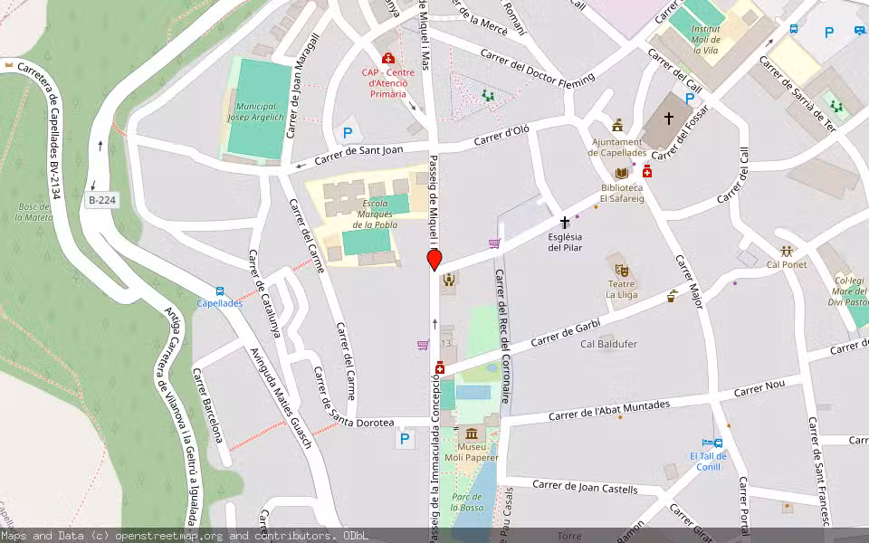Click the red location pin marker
click(434, 261)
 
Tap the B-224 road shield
click(101, 200)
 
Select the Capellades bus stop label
click(219, 303)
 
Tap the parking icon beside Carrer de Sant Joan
click(347, 133)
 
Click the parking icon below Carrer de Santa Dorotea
click(404, 440)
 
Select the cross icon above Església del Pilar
click(565, 222)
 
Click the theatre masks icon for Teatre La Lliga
click(621, 270)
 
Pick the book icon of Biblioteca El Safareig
click(621, 173)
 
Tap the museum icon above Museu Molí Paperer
click(470, 433)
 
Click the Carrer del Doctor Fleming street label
click(538, 69)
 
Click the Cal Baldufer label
click(608, 344)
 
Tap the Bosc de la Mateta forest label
click(33, 213)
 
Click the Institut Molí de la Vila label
click(705, 40)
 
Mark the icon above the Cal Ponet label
click(786, 251)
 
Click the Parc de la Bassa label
click(466, 503)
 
